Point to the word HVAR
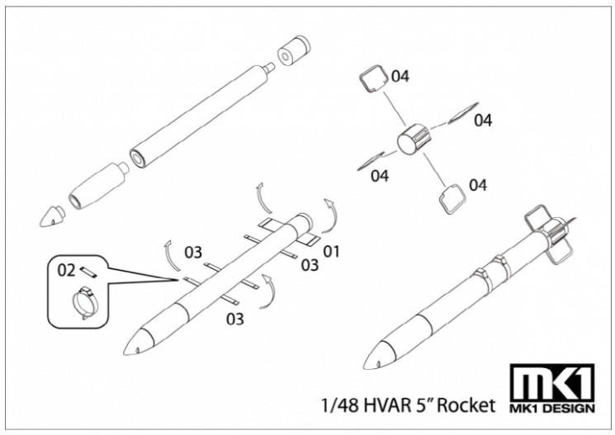pos(388,405)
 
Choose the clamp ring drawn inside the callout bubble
pos(87,299)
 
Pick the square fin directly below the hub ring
pos(449,197)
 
